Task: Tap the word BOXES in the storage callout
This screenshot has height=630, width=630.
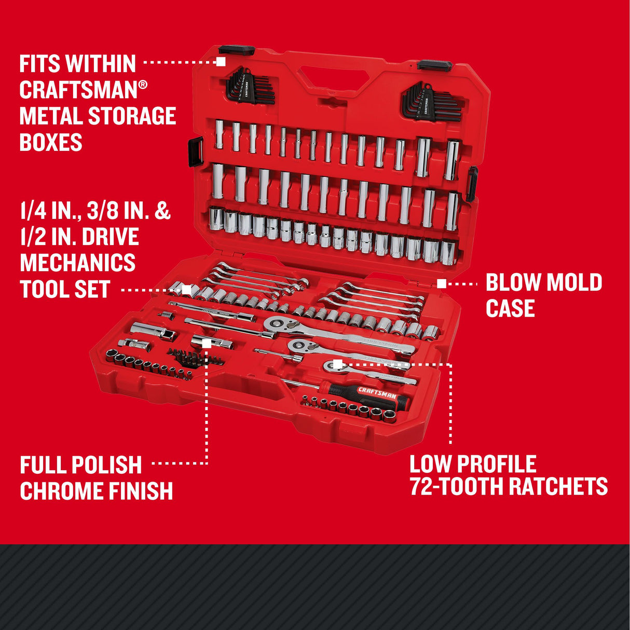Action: pos(51,142)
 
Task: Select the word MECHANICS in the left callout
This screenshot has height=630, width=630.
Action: pos(78,263)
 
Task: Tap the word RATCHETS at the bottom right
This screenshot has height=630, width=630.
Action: pos(558,487)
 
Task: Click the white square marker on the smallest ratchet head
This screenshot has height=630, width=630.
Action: pos(337,363)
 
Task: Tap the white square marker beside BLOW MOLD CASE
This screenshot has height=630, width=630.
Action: pos(441,283)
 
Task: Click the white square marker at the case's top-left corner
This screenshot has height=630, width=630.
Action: pos(221,61)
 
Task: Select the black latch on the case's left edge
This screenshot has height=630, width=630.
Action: pos(196,152)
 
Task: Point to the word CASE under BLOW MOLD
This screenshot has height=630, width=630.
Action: pos(510,308)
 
